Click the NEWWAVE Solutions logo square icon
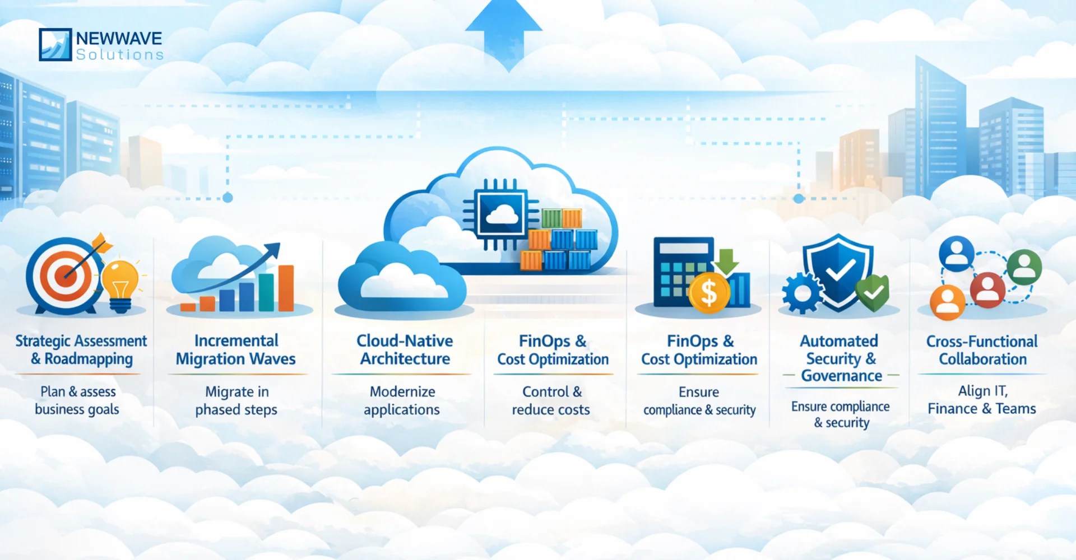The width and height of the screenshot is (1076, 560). pos(55,44)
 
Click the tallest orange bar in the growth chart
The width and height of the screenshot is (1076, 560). pos(286,288)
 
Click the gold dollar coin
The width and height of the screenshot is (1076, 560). pos(708,292)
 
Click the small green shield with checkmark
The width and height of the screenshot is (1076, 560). pos(873,292)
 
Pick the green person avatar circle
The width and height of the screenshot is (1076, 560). pos(1024,267)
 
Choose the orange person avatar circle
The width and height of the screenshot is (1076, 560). pos(947,302)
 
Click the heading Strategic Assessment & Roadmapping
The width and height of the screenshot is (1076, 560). pos(81,350)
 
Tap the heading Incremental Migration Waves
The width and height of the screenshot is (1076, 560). pos(236,350)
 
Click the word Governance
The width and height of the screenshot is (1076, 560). pos(841,376)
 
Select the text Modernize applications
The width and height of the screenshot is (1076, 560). pos(402,400)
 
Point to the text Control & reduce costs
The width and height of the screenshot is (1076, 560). pos(551,400)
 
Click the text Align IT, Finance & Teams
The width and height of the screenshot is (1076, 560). pos(982,400)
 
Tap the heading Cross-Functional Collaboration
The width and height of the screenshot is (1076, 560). pos(982,350)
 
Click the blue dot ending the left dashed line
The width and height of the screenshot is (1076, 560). pos(228,198)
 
